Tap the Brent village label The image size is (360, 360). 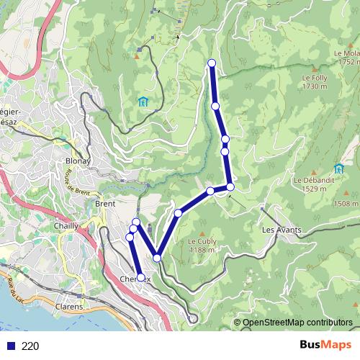[105, 204]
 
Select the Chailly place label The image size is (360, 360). [66, 226]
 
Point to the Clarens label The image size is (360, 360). [69, 305]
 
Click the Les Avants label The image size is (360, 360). [282, 230]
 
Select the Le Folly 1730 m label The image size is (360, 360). [315, 82]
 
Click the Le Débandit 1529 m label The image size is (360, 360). [311, 184]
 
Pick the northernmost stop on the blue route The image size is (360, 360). [212, 63]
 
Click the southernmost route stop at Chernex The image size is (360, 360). [140, 277]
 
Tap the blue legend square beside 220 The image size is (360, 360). [9, 346]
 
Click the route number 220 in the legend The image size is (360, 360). [30, 346]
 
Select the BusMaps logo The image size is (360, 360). [328, 345]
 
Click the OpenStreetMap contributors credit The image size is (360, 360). [297, 322]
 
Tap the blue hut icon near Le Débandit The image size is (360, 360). [338, 168]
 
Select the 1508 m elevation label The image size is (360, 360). [346, 204]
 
